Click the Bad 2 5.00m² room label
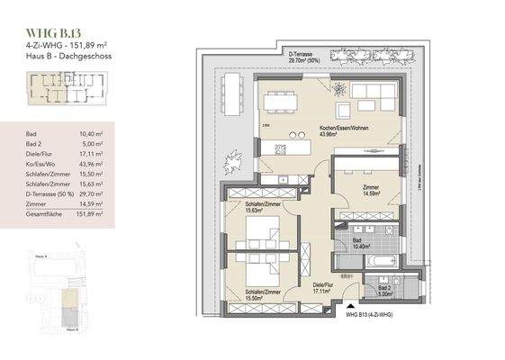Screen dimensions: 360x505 click(382, 291)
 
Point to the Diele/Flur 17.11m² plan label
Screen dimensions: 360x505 click(321, 289)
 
